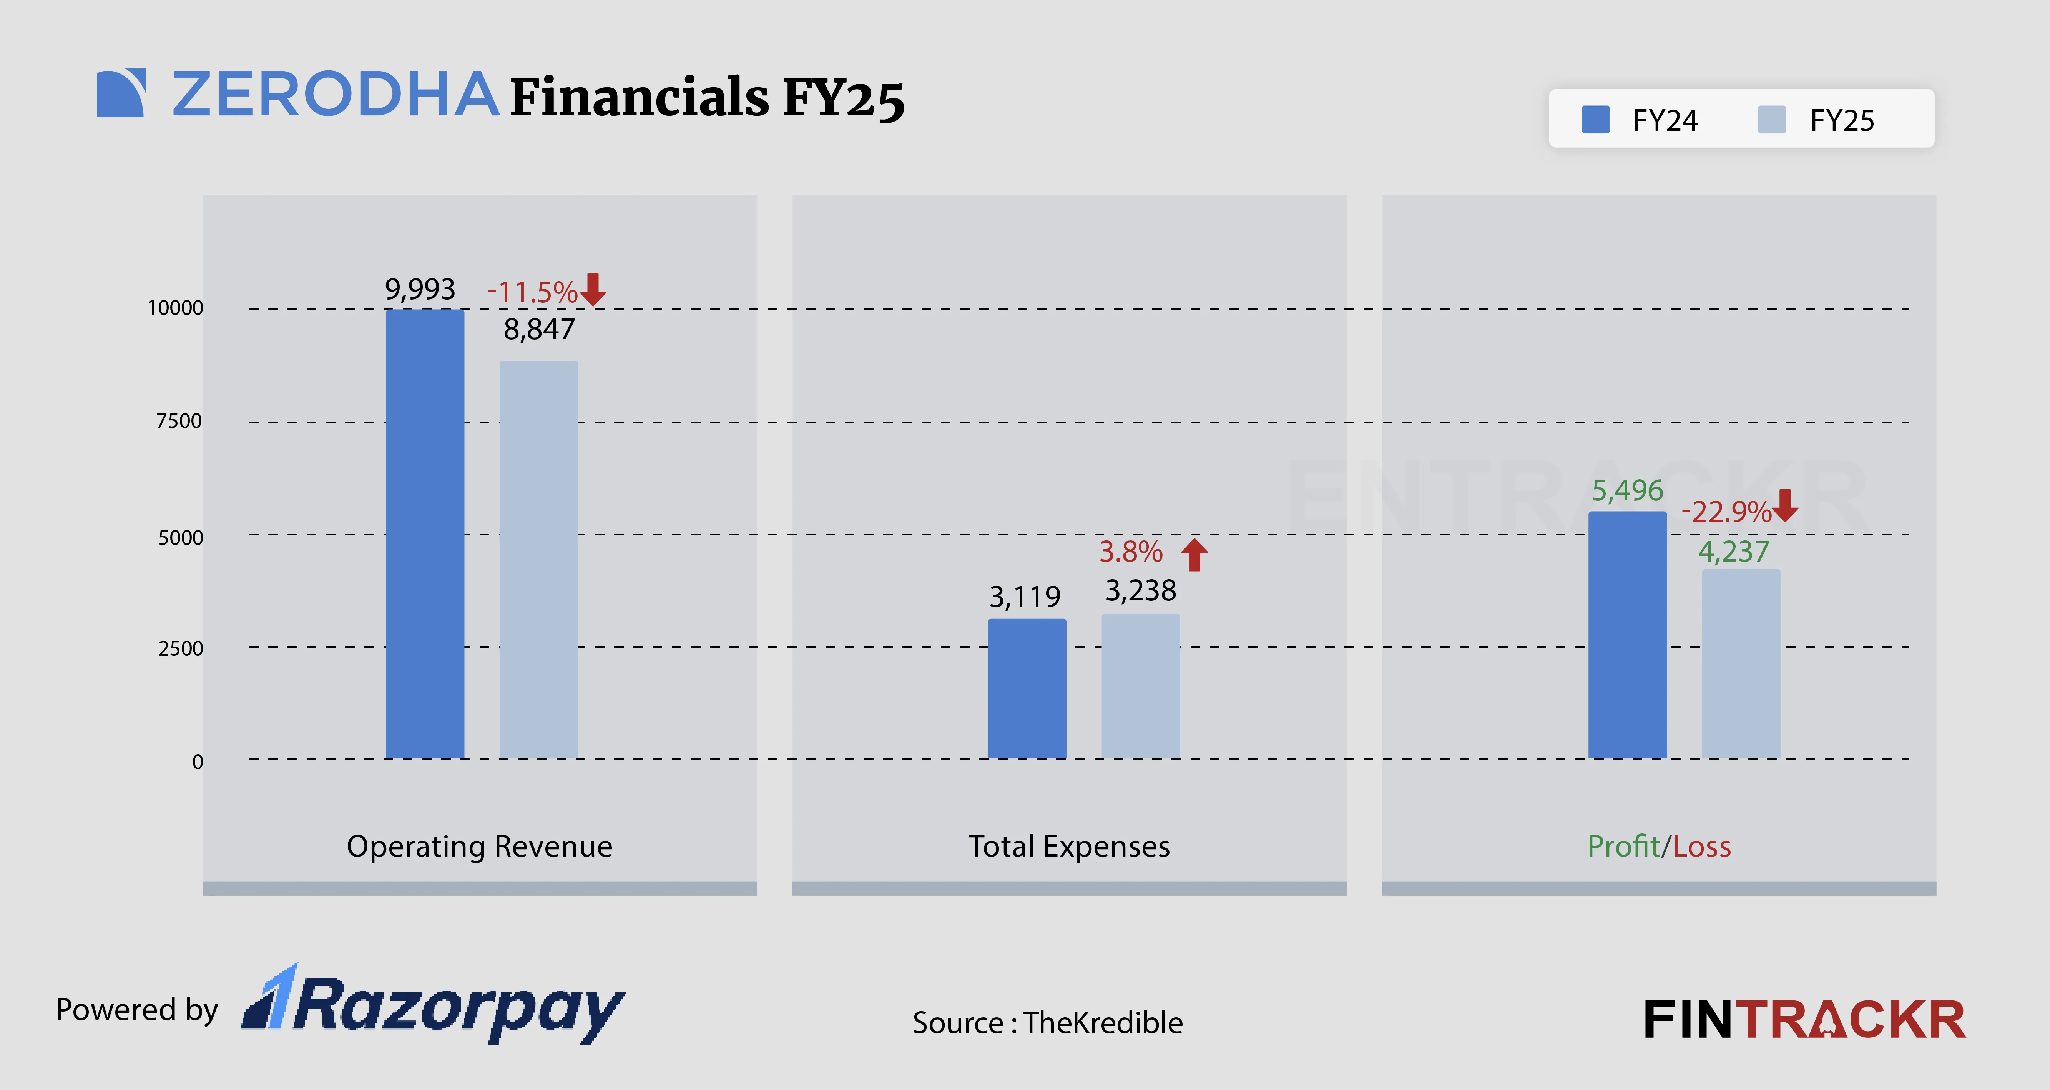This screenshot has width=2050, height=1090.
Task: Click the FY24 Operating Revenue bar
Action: click(425, 533)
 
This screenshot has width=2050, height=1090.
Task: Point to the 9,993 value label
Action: click(420, 289)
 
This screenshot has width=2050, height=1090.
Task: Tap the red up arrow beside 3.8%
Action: click(1194, 554)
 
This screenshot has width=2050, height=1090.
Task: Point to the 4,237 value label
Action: click(1733, 551)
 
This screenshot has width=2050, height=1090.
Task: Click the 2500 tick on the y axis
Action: click(180, 648)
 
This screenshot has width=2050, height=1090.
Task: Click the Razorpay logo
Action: click(434, 1005)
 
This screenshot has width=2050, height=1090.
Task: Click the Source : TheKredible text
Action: click(1047, 1022)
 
